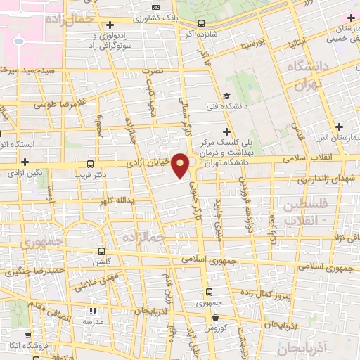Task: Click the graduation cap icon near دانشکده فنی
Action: click(226, 96)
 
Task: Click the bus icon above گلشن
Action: click(102, 251)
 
